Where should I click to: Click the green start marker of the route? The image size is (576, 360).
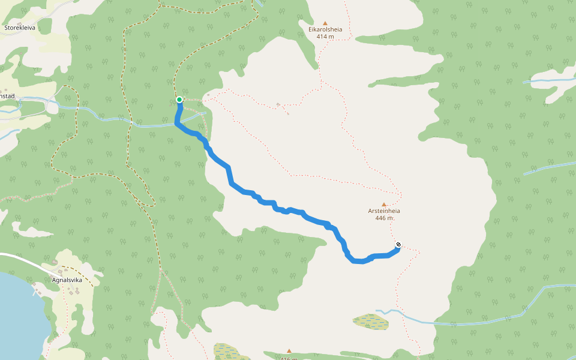pyautogui.click(x=179, y=100)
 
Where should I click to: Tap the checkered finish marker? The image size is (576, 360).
pyautogui.click(x=398, y=245)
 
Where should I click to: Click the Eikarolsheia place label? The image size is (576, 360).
pyautogui.click(x=325, y=28)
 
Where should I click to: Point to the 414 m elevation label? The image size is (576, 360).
pyautogui.click(x=325, y=37)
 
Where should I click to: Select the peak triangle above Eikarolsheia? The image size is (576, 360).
pyautogui.click(x=325, y=22)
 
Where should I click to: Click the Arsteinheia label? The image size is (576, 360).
pyautogui.click(x=384, y=211)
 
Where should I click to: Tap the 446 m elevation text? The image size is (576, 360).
pyautogui.click(x=384, y=218)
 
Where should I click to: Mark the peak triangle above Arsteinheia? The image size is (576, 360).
pyautogui.click(x=384, y=205)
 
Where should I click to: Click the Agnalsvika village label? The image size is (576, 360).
pyautogui.click(x=67, y=280)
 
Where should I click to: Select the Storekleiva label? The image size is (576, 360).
pyautogui.click(x=21, y=28)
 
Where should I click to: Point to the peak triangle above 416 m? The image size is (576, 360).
pyautogui.click(x=289, y=351)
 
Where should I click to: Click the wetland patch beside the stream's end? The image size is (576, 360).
pyautogui.click(x=371, y=322)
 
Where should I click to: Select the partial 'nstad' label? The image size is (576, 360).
pyautogui.click(x=7, y=96)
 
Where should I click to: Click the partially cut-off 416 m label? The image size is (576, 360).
pyautogui.click(x=289, y=358)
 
